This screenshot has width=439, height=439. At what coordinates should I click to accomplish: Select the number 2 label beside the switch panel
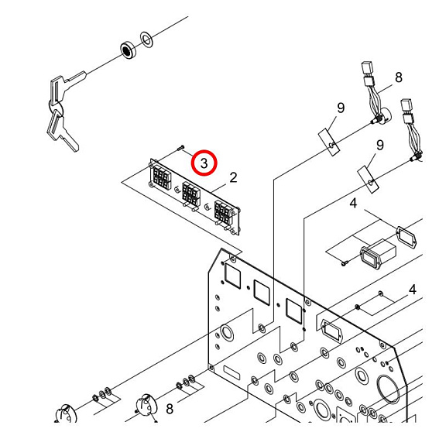coord(233,178)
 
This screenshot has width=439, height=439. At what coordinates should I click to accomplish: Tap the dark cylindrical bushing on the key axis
coord(125,50)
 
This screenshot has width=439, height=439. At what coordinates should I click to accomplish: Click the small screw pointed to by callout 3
coord(180,147)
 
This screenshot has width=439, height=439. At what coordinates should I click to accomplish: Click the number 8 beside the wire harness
coord(399,77)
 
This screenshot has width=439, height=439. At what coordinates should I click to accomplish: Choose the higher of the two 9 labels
coord(339,108)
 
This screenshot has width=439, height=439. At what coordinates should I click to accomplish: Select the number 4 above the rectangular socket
coord(353,204)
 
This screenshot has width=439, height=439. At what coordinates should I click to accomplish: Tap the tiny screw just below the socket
coord(342,265)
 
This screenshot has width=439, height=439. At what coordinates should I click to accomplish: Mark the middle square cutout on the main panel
coord(260,292)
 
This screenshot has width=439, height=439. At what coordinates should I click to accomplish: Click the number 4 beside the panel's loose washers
coord(413,289)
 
